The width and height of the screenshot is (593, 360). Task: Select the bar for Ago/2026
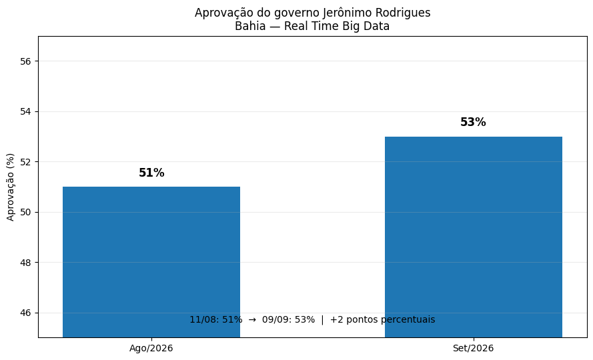pos(151,262)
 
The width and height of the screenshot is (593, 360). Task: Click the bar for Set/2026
pos(474,237)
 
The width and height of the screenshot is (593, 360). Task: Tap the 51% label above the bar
pos(151,173)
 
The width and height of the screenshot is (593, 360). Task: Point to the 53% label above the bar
pos(473,122)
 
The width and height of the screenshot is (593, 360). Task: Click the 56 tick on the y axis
pos(25,61)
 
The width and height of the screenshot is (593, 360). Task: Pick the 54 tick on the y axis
pos(25,111)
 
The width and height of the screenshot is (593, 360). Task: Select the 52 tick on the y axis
pos(25,162)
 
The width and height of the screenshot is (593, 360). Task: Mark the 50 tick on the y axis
pos(25,212)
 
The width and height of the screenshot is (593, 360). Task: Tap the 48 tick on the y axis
pos(25,263)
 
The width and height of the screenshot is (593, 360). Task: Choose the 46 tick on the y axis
pos(25,313)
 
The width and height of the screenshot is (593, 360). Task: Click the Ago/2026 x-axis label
pos(151,348)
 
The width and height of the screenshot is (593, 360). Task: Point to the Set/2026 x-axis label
pos(473,348)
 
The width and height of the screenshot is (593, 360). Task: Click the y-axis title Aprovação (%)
pos(10,187)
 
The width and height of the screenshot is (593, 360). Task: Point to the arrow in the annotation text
pos(252,320)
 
